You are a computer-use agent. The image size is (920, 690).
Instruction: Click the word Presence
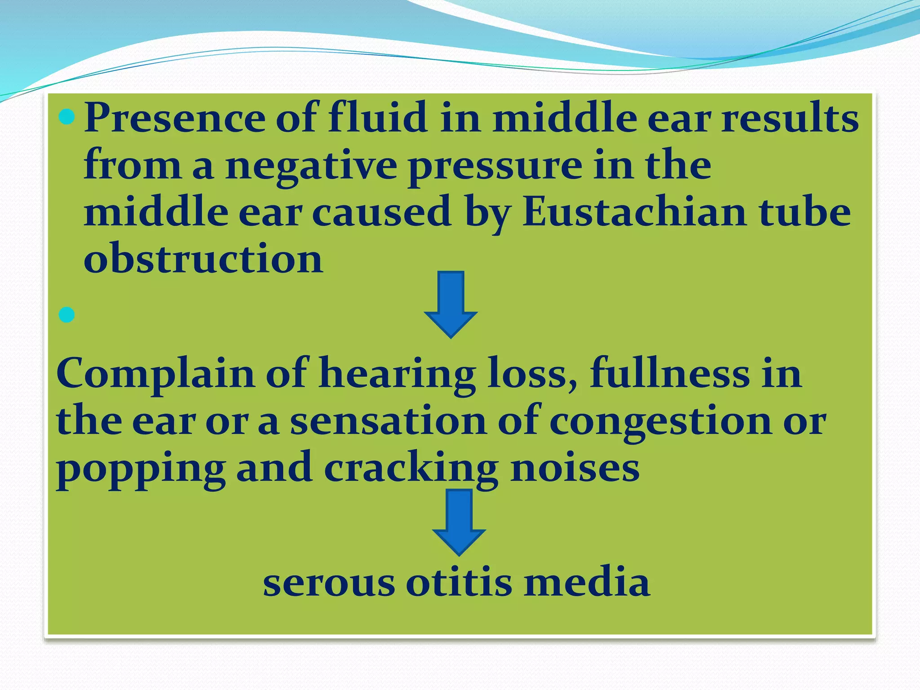click(x=174, y=118)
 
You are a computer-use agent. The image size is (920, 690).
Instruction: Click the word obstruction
click(x=203, y=258)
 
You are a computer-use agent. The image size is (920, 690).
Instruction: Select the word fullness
click(x=669, y=373)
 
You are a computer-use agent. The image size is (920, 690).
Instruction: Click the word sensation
click(x=388, y=421)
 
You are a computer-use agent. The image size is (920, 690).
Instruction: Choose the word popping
click(x=141, y=469)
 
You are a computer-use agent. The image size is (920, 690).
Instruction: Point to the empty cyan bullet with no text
click(x=67, y=315)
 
